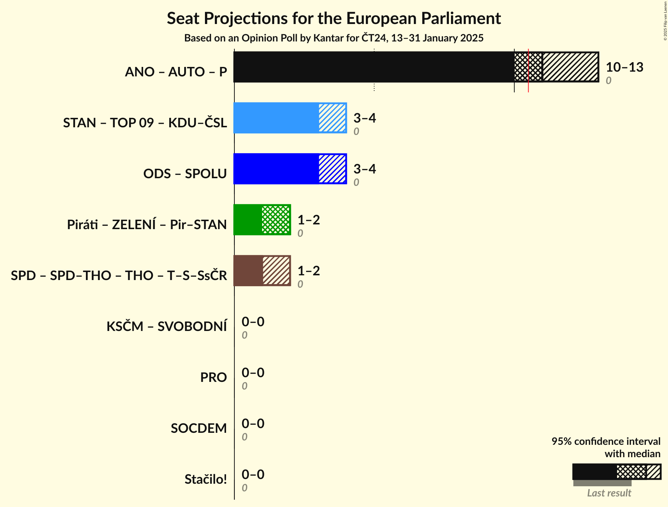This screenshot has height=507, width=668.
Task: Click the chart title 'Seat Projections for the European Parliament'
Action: [x=334, y=18]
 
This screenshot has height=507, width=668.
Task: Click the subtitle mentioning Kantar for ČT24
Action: [x=334, y=38]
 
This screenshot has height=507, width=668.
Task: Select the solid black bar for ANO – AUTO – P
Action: [x=373, y=67]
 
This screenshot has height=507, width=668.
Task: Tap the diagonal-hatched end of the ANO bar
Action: [x=570, y=67]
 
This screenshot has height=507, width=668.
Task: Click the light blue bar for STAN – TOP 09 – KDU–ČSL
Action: [x=276, y=118]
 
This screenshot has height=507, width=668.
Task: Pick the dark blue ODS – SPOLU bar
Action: [x=276, y=169]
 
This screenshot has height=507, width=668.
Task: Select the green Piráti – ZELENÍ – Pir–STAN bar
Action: [x=248, y=220]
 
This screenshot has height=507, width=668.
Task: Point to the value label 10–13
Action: [x=624, y=67]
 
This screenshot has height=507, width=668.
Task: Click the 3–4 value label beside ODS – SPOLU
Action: [x=364, y=169]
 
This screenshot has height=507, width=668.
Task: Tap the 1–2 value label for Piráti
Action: [x=308, y=220]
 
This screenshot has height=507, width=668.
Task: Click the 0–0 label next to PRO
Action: [x=253, y=372]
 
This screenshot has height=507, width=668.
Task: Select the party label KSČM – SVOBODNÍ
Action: [x=167, y=326]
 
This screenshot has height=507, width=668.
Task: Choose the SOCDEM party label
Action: [x=199, y=428]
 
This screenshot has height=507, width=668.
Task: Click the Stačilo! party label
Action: [x=206, y=479]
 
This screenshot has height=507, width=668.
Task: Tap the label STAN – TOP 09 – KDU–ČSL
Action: [x=145, y=123]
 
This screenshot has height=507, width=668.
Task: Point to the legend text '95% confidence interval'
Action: [x=606, y=441]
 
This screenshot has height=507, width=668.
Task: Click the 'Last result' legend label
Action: [x=609, y=493]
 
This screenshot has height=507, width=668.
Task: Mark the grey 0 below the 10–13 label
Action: [x=608, y=80]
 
